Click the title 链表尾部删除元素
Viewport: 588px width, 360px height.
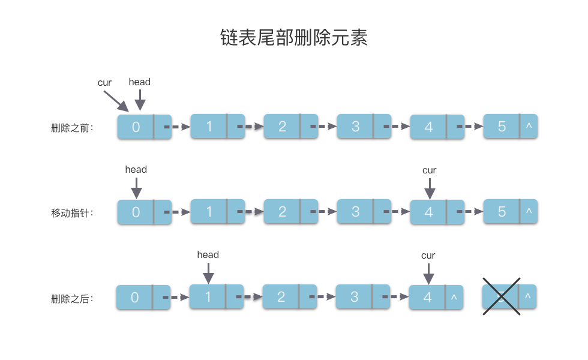293,38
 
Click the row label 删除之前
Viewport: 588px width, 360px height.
72,127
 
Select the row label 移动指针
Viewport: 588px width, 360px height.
72,212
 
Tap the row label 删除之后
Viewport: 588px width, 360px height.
72,298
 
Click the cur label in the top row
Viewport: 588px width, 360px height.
104,83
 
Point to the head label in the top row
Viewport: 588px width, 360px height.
139,82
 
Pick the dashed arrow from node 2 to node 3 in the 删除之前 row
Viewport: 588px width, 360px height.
324,127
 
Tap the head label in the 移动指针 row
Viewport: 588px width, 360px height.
136,169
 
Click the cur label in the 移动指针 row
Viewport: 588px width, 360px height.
429,170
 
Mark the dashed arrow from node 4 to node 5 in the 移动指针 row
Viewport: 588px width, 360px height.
470,212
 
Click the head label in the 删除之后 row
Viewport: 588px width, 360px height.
208,254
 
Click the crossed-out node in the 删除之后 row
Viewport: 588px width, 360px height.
509,296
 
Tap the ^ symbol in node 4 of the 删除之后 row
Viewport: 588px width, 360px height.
454,297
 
